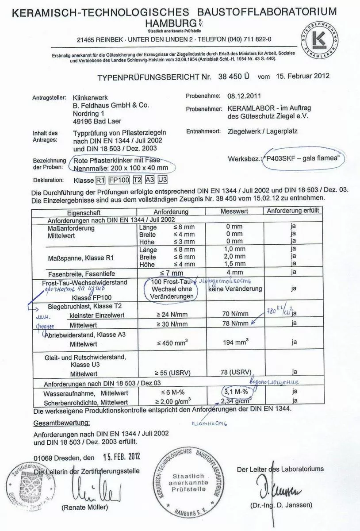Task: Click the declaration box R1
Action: coord(101,180)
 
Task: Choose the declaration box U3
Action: coord(163,180)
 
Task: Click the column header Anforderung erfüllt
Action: coord(293,211)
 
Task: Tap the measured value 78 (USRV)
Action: coord(235,372)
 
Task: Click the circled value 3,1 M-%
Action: coord(235,392)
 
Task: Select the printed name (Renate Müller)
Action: coord(85,507)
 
